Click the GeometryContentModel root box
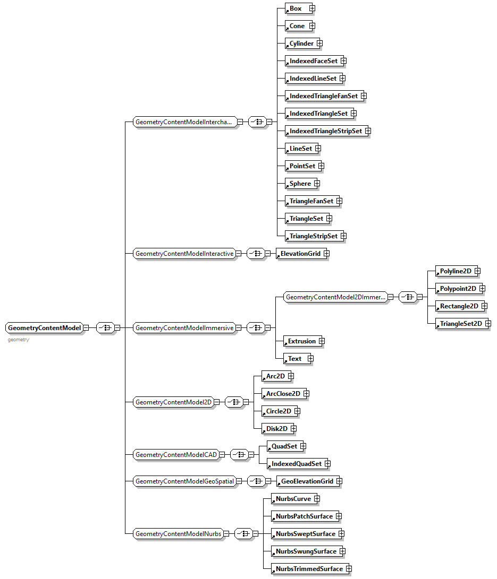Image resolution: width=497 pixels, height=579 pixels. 45,328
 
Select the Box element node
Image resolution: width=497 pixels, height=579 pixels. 296,8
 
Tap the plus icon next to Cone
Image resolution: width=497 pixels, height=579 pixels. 312,26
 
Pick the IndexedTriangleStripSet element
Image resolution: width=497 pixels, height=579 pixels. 325,131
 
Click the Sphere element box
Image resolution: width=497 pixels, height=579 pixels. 300,184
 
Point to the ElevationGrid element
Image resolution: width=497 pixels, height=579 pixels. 300,254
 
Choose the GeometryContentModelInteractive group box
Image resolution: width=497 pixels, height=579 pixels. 184,254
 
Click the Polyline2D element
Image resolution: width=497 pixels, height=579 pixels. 456,271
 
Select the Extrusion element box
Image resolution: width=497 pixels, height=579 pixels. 301,341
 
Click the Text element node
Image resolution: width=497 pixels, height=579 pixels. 294,359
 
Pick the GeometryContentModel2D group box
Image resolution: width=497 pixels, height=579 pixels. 174,402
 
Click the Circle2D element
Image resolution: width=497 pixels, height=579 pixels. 279,411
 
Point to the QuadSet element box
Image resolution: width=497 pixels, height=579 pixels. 284,446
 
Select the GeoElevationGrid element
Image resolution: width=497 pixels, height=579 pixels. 307,481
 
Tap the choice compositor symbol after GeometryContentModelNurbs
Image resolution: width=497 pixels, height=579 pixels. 243,534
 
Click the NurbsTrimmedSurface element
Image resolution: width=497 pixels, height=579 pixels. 309,569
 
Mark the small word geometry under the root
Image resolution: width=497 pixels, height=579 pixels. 19,340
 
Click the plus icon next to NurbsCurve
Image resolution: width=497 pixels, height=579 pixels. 316,499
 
